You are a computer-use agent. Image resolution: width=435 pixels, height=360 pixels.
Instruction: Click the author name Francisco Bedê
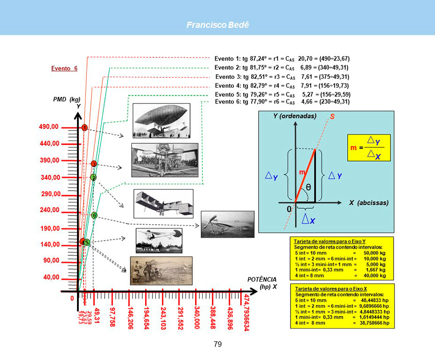(x=217, y=25)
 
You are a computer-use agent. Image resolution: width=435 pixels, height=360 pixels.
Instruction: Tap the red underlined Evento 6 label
(x=64, y=69)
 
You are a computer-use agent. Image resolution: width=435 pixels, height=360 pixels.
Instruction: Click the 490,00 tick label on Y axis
(x=49, y=127)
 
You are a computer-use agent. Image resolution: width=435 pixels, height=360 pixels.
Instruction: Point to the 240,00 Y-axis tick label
(x=49, y=210)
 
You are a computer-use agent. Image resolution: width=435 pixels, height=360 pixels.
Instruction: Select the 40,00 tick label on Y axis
(x=51, y=277)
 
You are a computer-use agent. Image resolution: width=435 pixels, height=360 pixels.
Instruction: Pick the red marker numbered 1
(x=84, y=128)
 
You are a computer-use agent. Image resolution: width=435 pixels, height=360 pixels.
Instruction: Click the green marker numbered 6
(x=94, y=215)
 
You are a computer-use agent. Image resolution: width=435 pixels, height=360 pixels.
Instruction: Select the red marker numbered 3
(x=94, y=164)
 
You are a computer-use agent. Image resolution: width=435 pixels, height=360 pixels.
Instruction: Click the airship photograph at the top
(x=161, y=121)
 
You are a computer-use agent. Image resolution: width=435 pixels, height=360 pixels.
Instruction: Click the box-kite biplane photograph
(x=164, y=204)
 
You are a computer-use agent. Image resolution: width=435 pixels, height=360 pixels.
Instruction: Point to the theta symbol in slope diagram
(x=308, y=187)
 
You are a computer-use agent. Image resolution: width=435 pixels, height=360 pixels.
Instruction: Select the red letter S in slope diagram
(x=332, y=117)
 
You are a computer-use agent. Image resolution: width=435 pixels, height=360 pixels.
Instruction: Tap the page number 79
(x=217, y=345)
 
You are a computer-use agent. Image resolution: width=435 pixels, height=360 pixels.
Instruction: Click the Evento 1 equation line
(x=282, y=59)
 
